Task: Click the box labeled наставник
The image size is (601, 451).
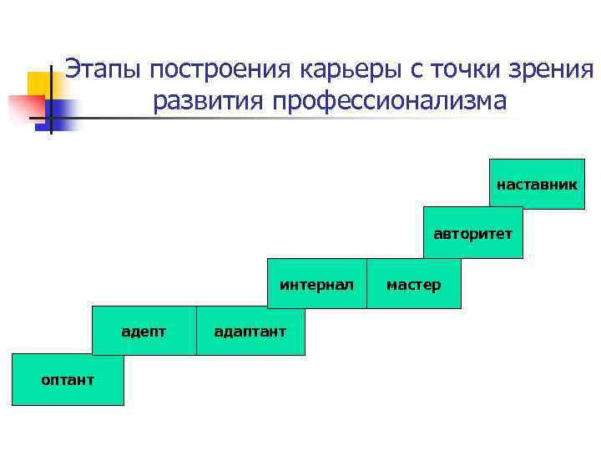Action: [536, 183]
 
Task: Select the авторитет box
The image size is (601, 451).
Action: [472, 233]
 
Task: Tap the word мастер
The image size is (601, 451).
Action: [413, 285]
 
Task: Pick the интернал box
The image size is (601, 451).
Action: [317, 285]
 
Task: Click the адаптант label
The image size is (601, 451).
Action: [250, 332]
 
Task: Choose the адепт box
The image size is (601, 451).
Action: [144, 332]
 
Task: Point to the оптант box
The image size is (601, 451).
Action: [68, 380]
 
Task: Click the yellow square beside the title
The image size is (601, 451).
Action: [38, 84]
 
